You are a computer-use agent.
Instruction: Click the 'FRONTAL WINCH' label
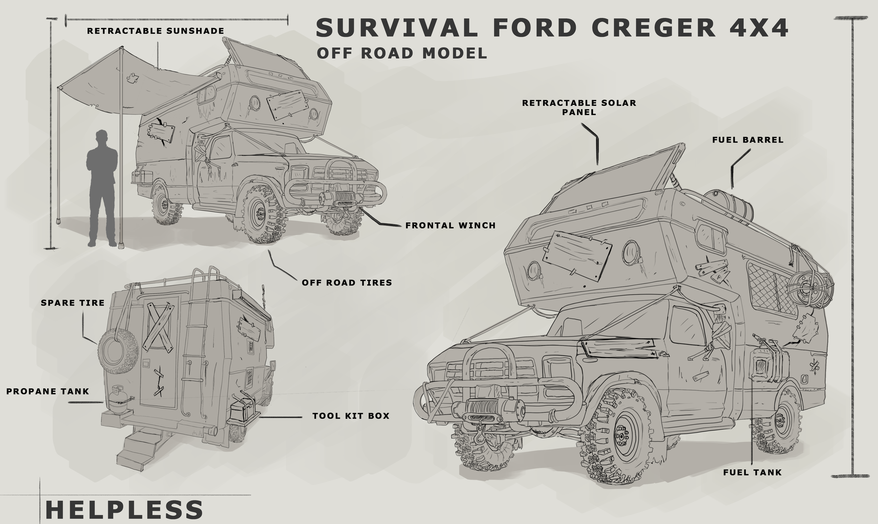[450, 226]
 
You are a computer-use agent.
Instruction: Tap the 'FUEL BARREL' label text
[748, 140]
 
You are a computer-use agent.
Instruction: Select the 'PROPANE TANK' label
[48, 391]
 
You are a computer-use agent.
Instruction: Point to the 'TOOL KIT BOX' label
[351, 416]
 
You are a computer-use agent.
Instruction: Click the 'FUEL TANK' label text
[752, 472]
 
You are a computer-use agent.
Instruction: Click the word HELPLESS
[124, 509]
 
